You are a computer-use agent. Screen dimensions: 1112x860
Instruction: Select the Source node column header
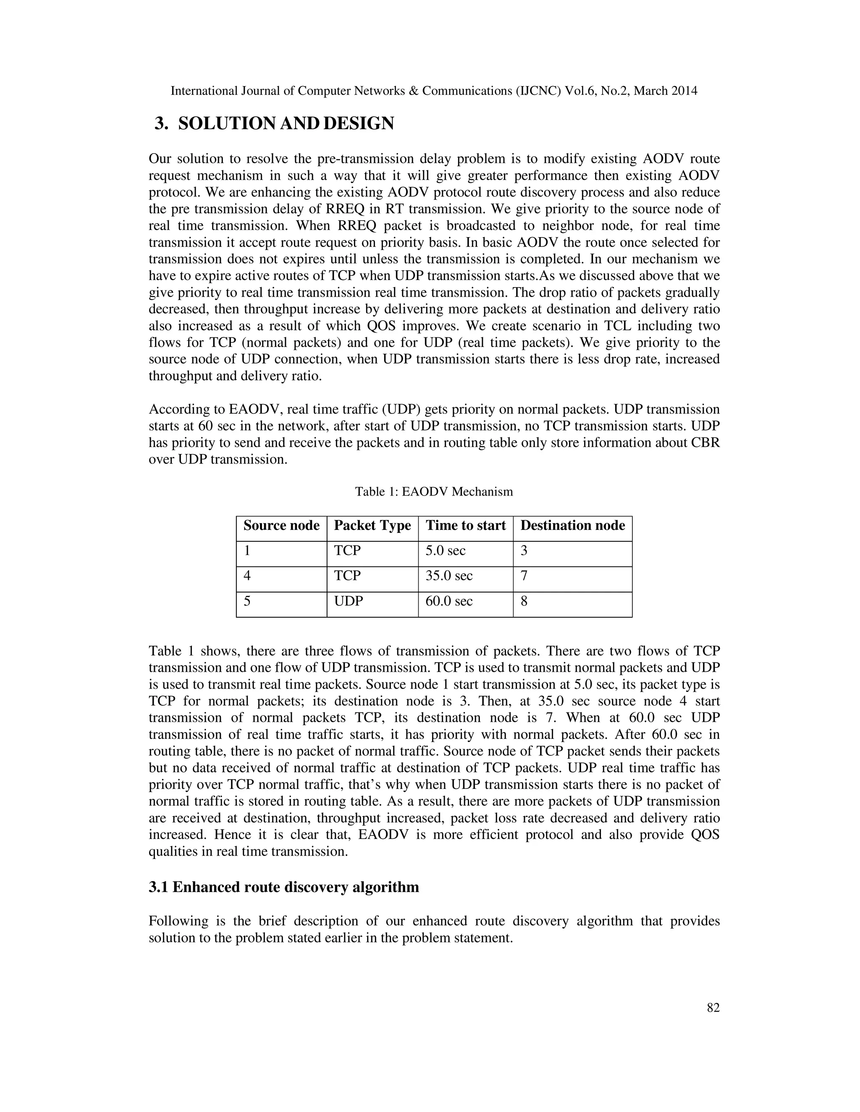pyautogui.click(x=281, y=525)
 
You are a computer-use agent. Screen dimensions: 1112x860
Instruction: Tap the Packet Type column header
pyautogui.click(x=372, y=525)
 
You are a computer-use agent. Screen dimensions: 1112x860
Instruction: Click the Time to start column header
pyautogui.click(x=465, y=525)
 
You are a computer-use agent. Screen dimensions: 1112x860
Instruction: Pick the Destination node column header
pyautogui.click(x=572, y=525)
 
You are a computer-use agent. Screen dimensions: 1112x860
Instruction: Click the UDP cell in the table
pyautogui.click(x=349, y=601)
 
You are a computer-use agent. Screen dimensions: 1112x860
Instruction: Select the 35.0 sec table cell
pyautogui.click(x=449, y=576)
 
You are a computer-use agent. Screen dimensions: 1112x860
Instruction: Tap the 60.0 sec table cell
pyautogui.click(x=449, y=601)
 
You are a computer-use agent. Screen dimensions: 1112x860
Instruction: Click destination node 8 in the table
pyautogui.click(x=524, y=601)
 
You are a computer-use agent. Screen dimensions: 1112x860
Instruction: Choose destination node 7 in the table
pyautogui.click(x=524, y=576)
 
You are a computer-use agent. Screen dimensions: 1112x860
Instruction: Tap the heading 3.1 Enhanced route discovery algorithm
pyautogui.click(x=284, y=887)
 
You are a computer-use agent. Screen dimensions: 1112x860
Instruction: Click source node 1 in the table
pyautogui.click(x=246, y=551)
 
